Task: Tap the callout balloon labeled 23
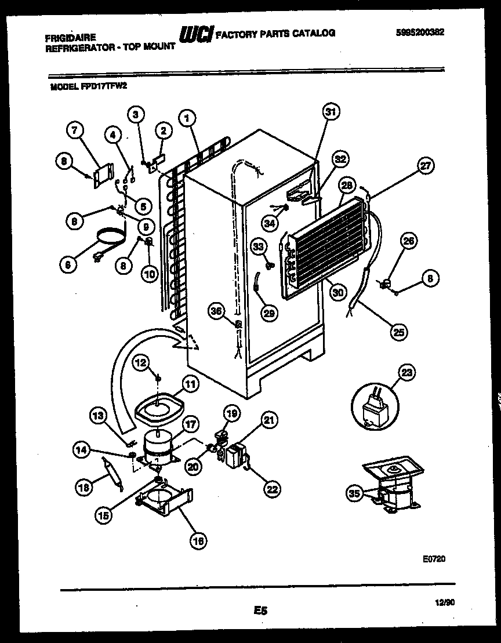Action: click(x=408, y=372)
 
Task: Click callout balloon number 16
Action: click(x=198, y=540)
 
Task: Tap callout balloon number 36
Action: click(x=217, y=311)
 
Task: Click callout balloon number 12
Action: click(x=140, y=363)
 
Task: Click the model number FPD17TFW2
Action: click(x=103, y=86)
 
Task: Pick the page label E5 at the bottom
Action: click(x=260, y=609)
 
